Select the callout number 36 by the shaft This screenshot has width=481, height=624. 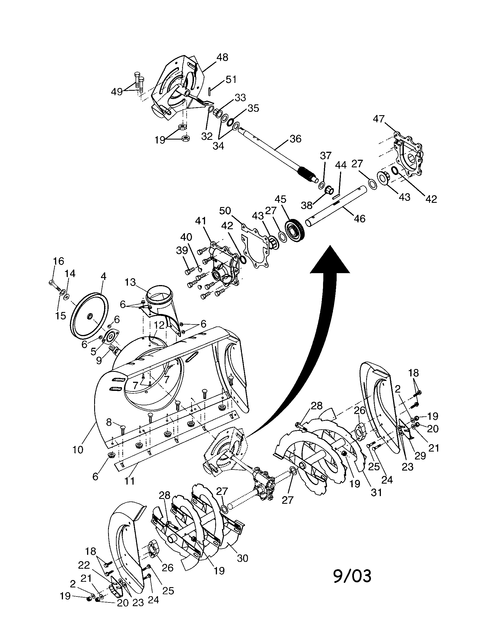pos(295,139)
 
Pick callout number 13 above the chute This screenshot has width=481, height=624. pos(130,282)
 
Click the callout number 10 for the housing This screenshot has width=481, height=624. pos(78,450)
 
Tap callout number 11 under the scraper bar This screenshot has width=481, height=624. pos(130,481)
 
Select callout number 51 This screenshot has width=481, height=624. pos(231,79)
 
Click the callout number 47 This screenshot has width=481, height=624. pos(379,119)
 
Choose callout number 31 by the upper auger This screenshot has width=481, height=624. pos(376,492)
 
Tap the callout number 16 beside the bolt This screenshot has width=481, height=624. pos(58,261)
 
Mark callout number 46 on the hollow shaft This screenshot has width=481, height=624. pos(359,219)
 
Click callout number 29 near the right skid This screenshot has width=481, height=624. pos(420,456)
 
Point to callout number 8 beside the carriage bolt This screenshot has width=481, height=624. pos(109,422)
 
